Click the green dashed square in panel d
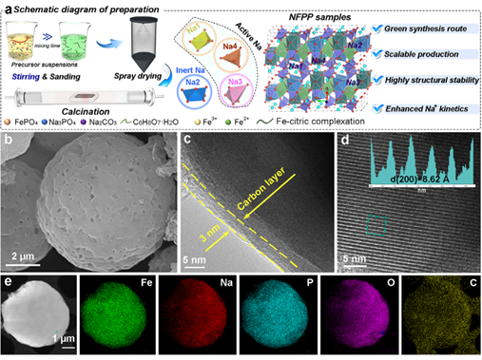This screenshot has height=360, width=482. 376,225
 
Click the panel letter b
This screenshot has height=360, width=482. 9,142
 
